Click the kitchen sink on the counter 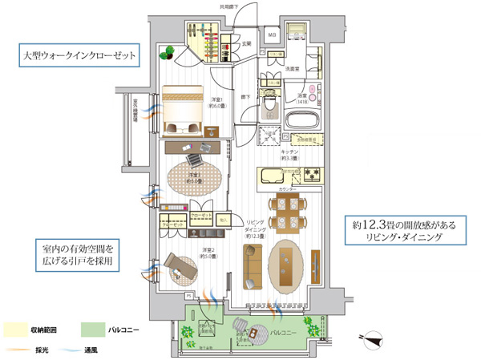275,175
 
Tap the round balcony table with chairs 254,330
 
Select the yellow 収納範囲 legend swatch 16,329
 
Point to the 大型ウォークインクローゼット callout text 77,58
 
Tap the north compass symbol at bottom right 370,338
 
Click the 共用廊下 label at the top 230,7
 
